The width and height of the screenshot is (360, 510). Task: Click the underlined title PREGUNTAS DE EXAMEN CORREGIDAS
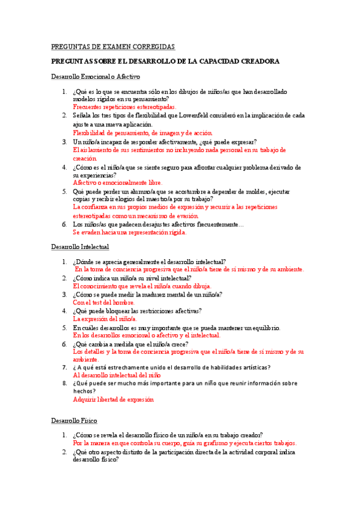pos(113,47)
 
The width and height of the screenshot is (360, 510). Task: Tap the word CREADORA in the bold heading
pos(255,62)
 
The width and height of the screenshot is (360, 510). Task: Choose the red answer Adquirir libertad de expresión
pos(114,399)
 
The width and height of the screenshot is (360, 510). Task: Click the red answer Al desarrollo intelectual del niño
pos(117,375)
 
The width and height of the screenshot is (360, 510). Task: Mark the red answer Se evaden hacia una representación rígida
pos(130,232)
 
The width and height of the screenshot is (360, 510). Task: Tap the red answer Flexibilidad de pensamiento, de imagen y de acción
pos(143,132)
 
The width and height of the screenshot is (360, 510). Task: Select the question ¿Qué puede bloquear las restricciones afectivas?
pos(137,311)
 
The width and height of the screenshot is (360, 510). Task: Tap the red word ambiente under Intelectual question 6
pos(87,359)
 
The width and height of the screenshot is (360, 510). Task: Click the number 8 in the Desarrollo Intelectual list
pos(64,382)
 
